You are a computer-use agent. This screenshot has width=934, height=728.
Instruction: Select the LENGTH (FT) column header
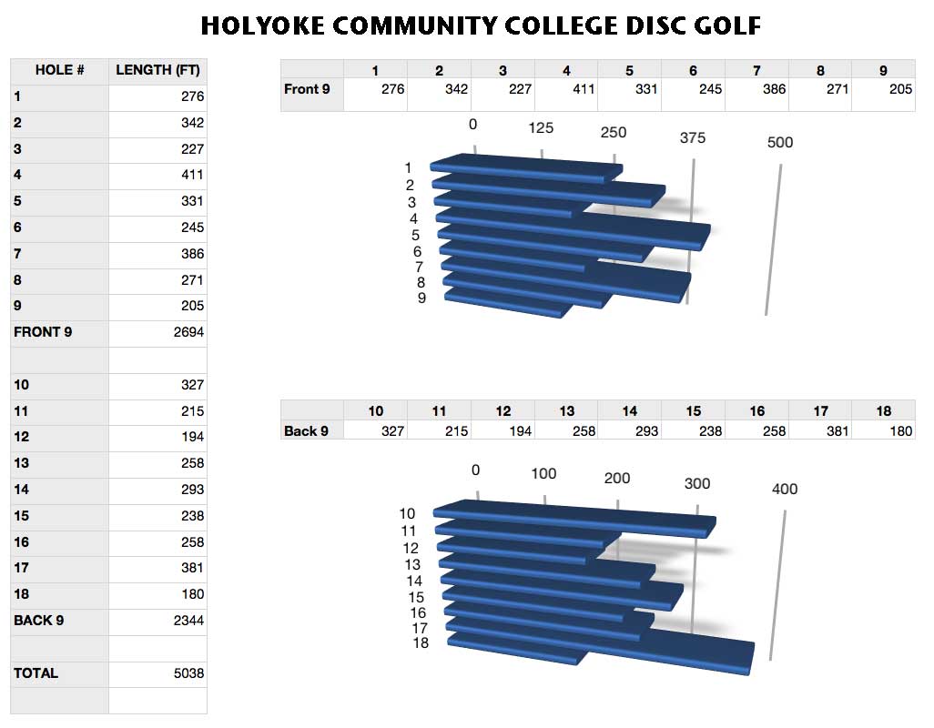click(157, 70)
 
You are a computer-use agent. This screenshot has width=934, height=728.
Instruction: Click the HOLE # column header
click(59, 70)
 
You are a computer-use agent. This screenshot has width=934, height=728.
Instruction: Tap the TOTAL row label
click(36, 673)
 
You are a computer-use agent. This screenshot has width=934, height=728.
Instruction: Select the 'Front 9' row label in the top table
click(307, 89)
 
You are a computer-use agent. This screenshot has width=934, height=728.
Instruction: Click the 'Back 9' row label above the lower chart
click(307, 430)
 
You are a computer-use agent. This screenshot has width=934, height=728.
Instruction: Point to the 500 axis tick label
click(780, 142)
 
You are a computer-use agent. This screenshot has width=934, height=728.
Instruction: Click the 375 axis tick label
click(692, 137)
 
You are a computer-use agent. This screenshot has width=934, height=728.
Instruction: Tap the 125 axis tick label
click(541, 128)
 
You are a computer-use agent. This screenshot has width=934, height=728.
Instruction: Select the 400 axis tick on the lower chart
click(784, 489)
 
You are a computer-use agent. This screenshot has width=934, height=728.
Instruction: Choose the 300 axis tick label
click(696, 483)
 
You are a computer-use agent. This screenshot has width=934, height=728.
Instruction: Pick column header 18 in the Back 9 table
click(883, 411)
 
